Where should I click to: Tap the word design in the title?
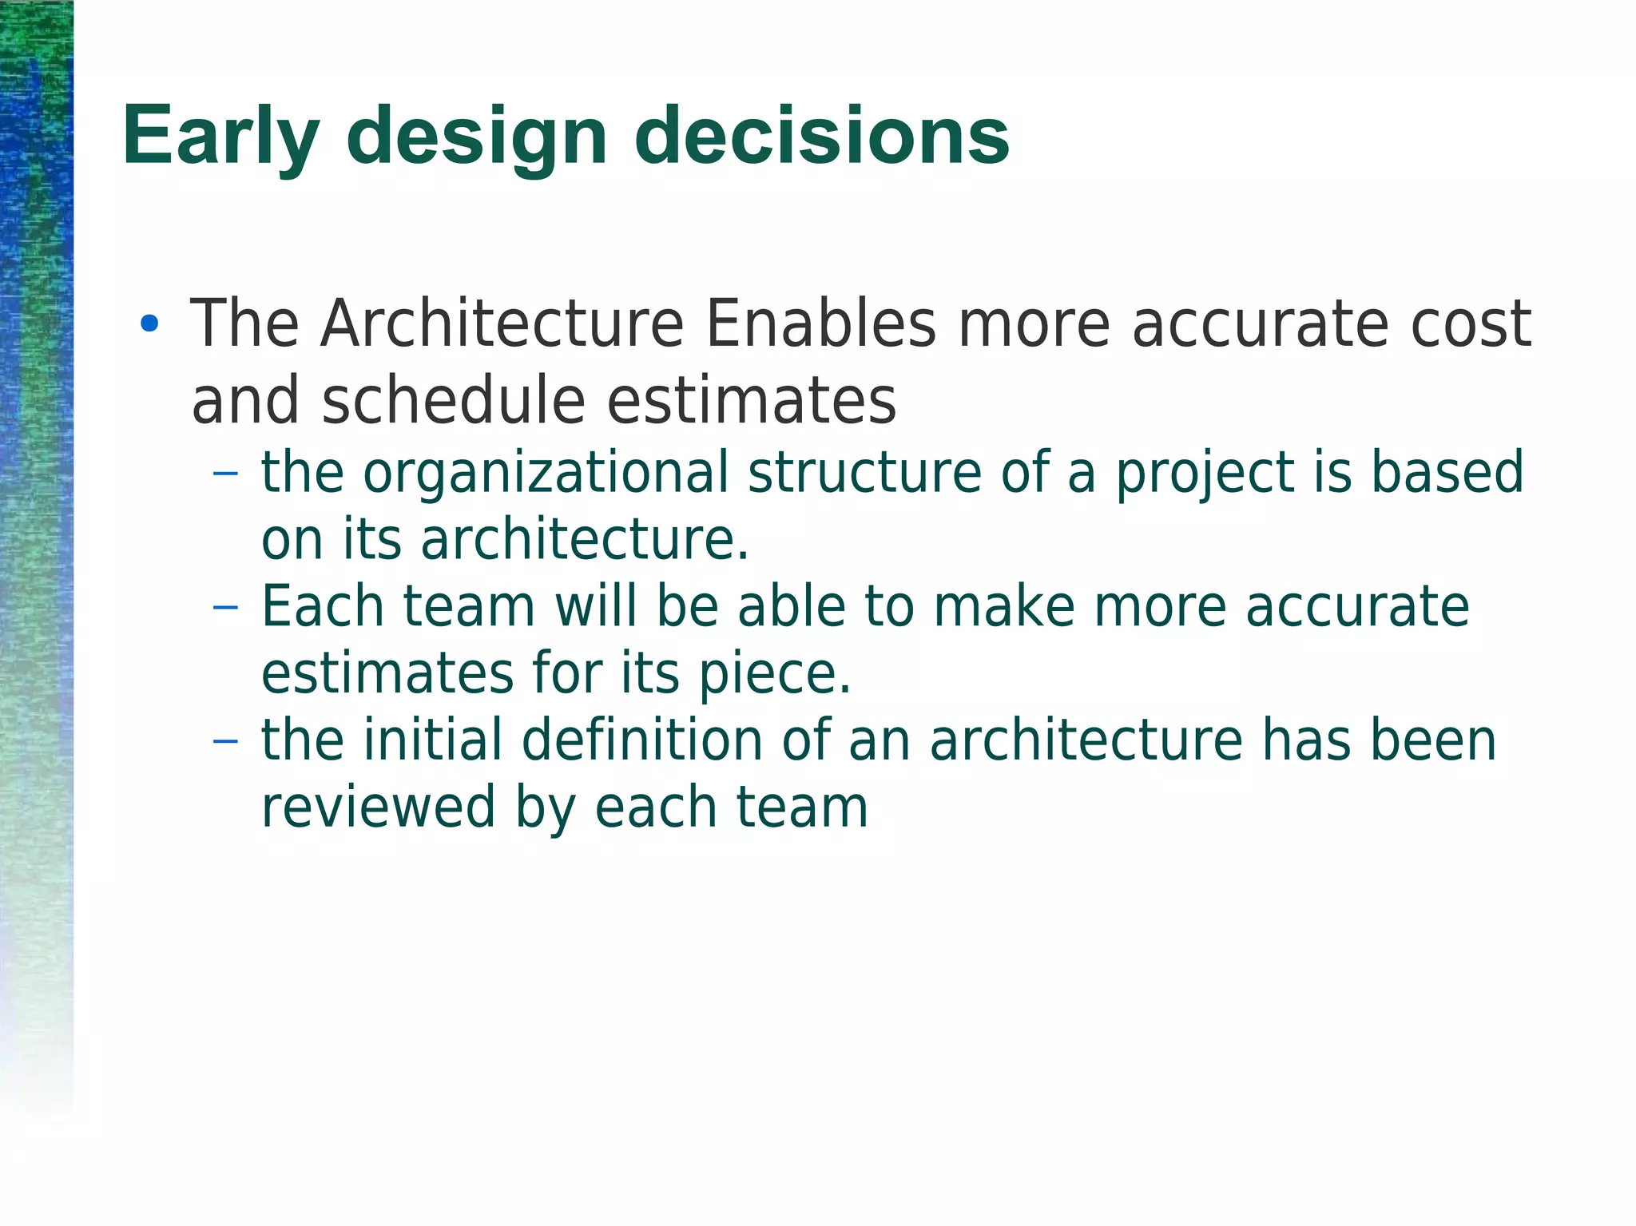coord(477,137)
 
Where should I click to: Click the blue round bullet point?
coord(149,324)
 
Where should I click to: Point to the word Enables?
coord(820,323)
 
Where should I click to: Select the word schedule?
coord(454,399)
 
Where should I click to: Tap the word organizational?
coord(546,473)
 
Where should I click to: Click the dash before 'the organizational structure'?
coord(226,473)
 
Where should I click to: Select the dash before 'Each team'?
coord(226,607)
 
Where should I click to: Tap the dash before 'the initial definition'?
coord(226,740)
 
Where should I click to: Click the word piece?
coord(774,675)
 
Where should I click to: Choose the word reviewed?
coord(378,807)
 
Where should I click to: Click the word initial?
coord(432,740)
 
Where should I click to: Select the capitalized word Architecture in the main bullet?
coord(502,323)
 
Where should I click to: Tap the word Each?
coord(322,606)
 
